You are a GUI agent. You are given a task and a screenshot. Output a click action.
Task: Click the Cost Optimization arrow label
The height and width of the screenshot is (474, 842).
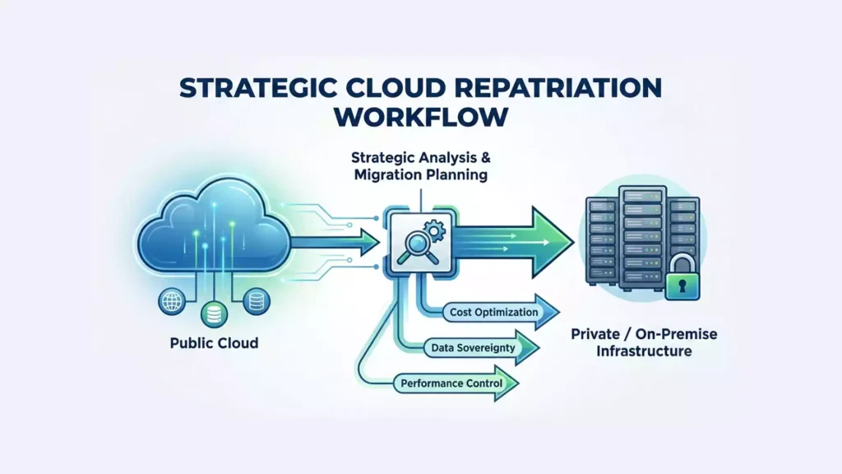494,313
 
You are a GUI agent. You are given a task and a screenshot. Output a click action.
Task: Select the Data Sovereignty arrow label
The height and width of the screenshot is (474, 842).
473,348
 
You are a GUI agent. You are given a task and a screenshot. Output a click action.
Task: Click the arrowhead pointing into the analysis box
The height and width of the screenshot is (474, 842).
365,242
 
